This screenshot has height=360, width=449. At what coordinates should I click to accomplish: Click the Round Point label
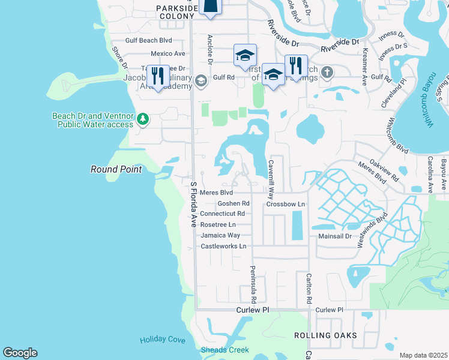coord(116,169)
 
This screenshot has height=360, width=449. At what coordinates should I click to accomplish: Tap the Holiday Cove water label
coord(163,340)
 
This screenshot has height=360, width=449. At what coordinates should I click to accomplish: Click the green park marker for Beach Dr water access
coord(142,118)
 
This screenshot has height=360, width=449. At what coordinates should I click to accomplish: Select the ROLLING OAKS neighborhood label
coord(325,335)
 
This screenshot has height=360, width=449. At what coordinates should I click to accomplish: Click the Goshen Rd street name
coord(234,203)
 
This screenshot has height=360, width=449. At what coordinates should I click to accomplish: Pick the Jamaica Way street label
coord(220,235)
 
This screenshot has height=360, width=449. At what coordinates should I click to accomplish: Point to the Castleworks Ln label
coord(223,246)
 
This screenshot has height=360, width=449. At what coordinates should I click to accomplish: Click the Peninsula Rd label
coord(253,284)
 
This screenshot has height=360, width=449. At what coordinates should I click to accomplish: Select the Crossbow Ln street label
coord(286,204)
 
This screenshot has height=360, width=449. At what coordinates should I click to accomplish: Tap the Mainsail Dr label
coord(334,236)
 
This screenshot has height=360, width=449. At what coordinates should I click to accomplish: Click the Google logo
coord(20,353)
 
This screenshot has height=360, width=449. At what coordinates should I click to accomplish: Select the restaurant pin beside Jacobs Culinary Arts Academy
coord(158,76)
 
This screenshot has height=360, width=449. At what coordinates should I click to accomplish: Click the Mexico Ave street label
coord(167,53)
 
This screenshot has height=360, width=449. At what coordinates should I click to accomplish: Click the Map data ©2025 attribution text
coord(423,355)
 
